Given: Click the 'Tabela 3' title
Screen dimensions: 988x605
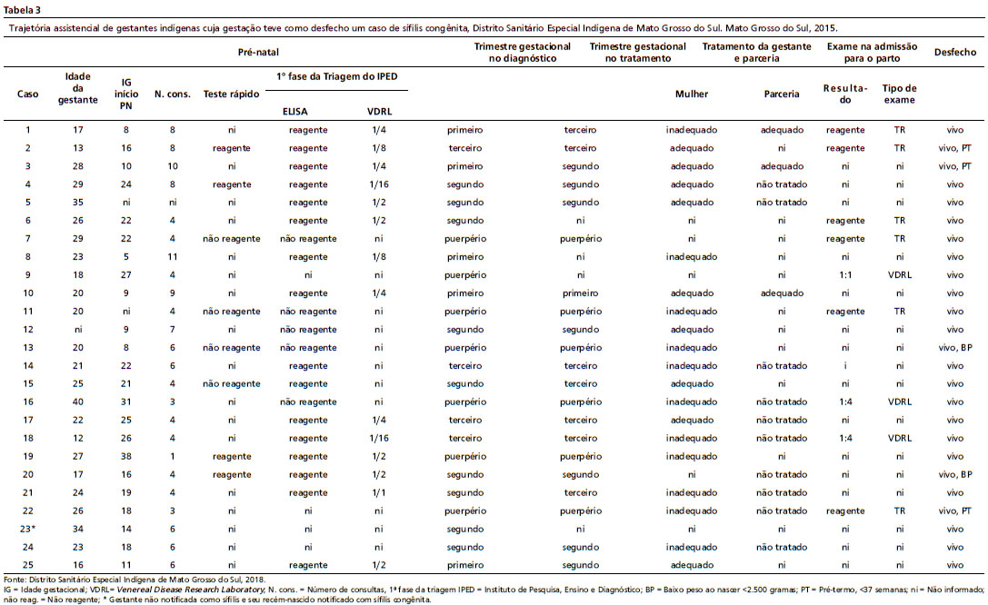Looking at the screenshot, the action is [x=22, y=9].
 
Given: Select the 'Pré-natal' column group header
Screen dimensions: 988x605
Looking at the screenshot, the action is [x=258, y=53].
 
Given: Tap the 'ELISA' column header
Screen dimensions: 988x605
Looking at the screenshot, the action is [x=294, y=112].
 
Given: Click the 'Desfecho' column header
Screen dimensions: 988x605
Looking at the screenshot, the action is [x=954, y=53].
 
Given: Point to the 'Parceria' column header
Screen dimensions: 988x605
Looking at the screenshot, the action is [x=782, y=94].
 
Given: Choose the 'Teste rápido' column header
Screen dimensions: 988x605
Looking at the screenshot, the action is [x=231, y=94].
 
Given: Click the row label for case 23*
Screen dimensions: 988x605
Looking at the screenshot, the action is [x=28, y=529].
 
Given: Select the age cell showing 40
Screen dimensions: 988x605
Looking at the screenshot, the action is [x=77, y=402].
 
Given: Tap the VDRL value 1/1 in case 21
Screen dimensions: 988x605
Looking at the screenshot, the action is [x=379, y=492].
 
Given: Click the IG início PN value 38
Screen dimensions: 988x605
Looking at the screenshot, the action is [x=126, y=456].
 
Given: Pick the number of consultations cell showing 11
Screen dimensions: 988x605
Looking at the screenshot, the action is [x=172, y=257].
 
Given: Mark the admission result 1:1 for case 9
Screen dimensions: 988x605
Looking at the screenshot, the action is [x=845, y=275].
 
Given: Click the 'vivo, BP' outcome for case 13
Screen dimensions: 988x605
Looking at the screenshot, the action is [x=954, y=348].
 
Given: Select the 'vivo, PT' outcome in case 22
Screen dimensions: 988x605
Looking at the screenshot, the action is [x=954, y=511].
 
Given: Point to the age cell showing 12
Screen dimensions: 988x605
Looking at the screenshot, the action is [x=77, y=438].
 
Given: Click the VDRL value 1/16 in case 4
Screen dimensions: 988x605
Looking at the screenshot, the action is [x=379, y=184].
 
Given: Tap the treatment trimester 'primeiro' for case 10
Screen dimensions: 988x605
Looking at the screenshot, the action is [x=580, y=293].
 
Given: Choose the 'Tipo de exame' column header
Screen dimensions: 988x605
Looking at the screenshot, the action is [x=899, y=94].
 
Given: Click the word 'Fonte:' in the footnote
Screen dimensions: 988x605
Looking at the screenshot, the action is [x=15, y=580].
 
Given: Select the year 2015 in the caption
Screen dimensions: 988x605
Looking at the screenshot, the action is [x=825, y=28].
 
